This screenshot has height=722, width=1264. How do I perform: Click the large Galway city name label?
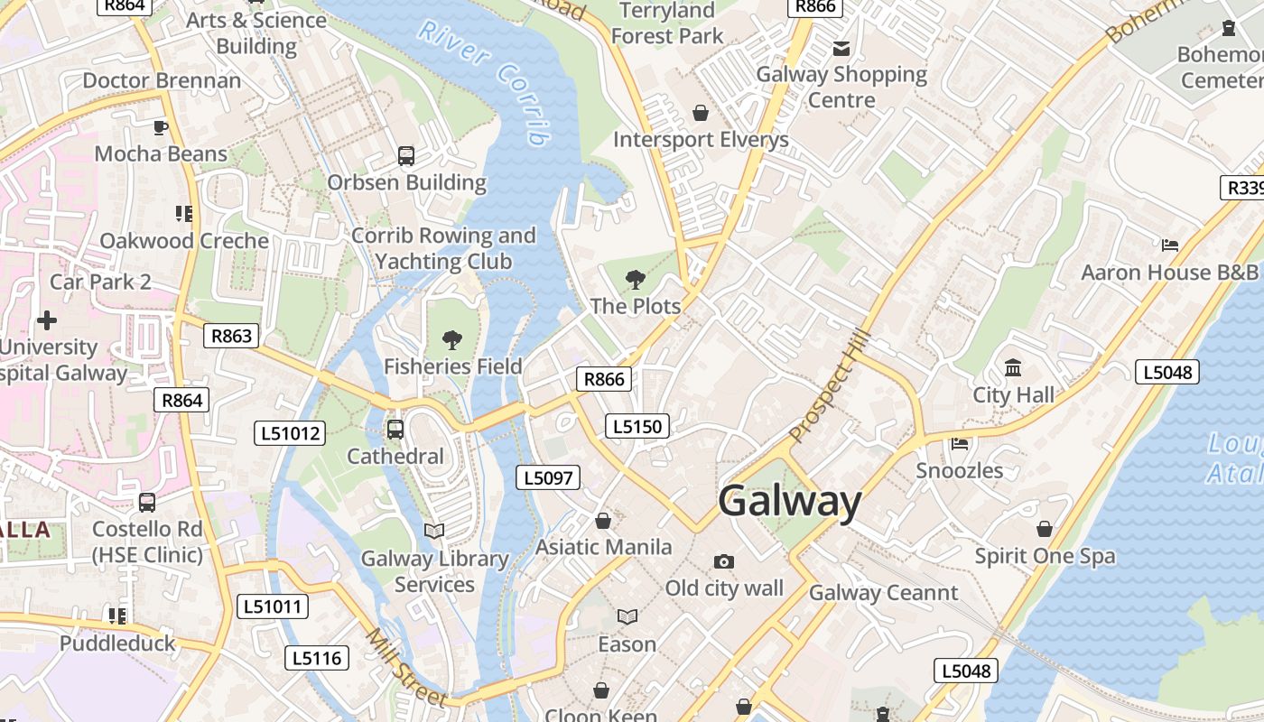click(790, 502)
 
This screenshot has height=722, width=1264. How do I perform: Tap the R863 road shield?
click(231, 336)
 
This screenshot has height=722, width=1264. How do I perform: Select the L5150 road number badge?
click(637, 426)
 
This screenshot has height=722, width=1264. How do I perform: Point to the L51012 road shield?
click(291, 433)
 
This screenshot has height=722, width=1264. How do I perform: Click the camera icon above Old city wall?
click(723, 562)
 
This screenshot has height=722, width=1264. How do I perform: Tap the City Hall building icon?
click(1013, 368)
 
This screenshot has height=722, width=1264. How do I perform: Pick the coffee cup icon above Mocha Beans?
click(161, 127)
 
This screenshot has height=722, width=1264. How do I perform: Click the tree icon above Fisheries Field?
click(452, 340)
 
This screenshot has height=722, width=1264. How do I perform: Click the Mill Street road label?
click(405, 669)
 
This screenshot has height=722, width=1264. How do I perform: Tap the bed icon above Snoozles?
click(960, 443)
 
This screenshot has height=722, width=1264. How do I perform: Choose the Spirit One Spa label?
click(1045, 556)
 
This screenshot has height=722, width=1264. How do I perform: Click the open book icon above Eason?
click(627, 616)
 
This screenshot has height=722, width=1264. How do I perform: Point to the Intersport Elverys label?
click(701, 140)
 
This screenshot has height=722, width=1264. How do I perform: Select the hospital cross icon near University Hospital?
click(47, 319)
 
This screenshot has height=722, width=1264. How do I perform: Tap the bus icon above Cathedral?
click(395, 430)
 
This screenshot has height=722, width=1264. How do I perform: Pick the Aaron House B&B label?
click(1169, 272)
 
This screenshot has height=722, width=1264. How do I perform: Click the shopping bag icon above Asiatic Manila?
click(603, 521)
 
